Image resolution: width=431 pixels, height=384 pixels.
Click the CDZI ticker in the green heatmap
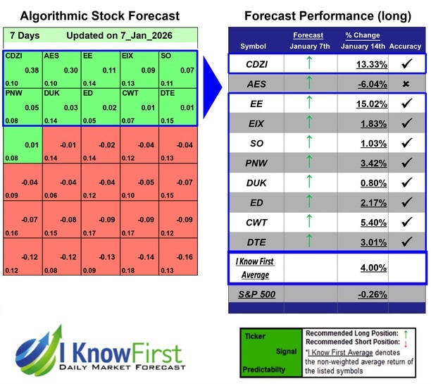point(13,55)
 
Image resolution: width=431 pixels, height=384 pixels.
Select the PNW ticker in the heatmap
point(14,92)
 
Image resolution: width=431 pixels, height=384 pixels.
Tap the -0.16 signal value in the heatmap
point(185,256)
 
